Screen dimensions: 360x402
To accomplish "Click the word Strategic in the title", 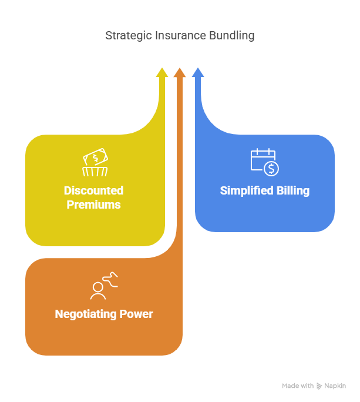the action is [x=129, y=36].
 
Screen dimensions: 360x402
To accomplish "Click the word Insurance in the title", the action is [x=180, y=35].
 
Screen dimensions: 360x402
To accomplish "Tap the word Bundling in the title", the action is [x=231, y=36].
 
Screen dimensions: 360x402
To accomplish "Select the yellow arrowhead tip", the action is [x=162, y=68].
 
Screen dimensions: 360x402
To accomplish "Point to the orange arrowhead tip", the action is [x=180, y=68].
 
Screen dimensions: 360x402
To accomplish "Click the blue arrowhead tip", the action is [x=198, y=68].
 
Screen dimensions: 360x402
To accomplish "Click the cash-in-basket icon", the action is [x=95, y=162].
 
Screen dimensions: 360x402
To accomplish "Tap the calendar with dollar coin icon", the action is [x=265, y=162].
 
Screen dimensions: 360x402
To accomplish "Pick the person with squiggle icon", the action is [x=104, y=286].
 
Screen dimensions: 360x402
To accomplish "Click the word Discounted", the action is [x=94, y=190].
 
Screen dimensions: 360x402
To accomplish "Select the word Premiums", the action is [x=93, y=205].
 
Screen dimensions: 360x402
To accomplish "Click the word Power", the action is [x=136, y=314].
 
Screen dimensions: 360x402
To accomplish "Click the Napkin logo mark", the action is [x=319, y=386].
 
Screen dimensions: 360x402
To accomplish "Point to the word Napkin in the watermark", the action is [x=335, y=386].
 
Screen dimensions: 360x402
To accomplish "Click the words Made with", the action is [x=298, y=386].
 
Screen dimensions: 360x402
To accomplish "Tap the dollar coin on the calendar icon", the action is [x=271, y=169].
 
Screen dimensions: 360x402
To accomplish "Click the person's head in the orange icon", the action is [x=98, y=287].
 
